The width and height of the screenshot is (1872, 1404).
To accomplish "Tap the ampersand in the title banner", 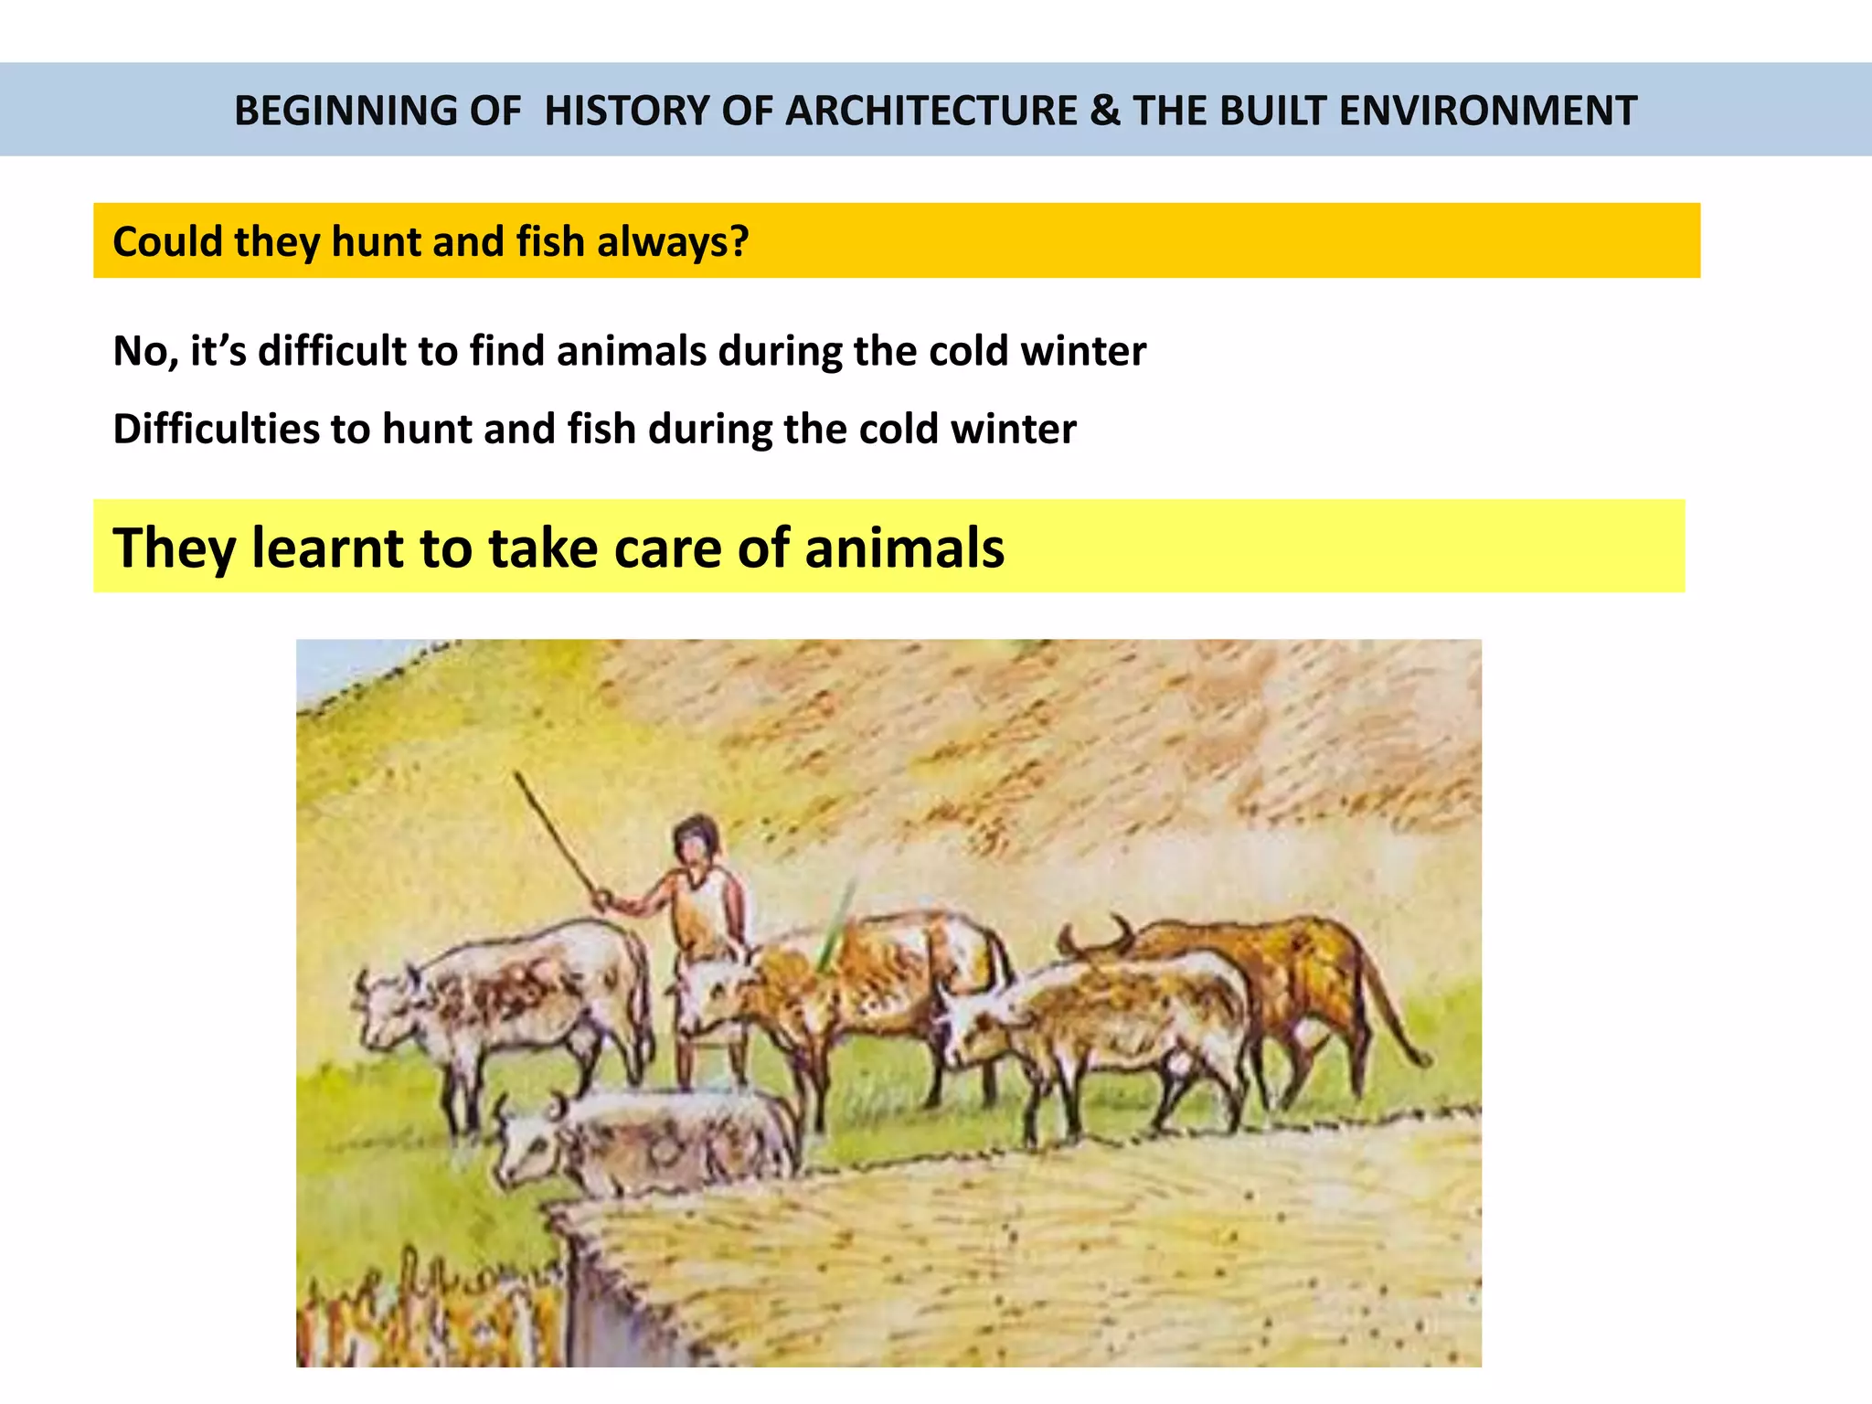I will coord(1104,111).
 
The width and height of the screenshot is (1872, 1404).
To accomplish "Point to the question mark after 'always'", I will coord(739,241).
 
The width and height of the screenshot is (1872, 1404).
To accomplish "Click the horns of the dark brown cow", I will coord(1097,937).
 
